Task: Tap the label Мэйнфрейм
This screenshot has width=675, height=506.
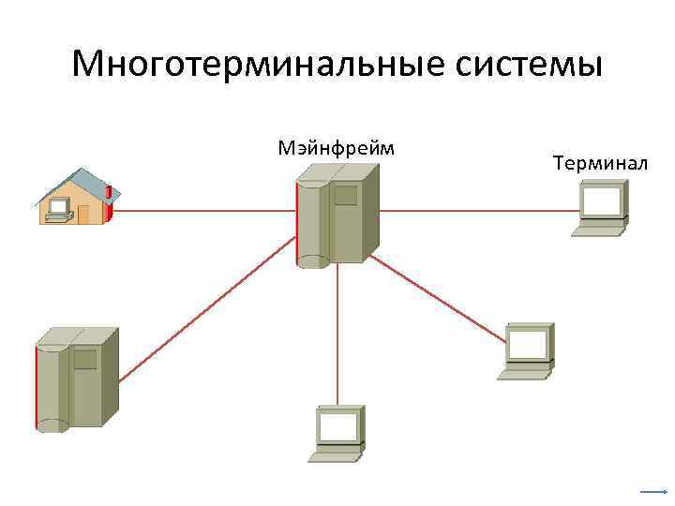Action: pyautogui.click(x=337, y=147)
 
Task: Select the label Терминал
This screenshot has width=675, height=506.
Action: pyautogui.click(x=600, y=164)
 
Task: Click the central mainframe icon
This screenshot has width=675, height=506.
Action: pyautogui.click(x=337, y=215)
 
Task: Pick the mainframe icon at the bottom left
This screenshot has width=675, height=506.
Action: pyautogui.click(x=76, y=379)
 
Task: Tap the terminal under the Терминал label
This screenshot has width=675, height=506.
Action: pyautogui.click(x=601, y=208)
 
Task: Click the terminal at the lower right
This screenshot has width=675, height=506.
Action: pyautogui.click(x=526, y=350)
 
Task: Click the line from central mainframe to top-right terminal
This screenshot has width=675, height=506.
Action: pyautogui.click(x=478, y=211)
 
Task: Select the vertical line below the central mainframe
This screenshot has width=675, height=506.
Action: pyautogui.click(x=337, y=337)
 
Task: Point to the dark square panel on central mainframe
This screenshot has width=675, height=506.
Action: pyautogui.click(x=346, y=196)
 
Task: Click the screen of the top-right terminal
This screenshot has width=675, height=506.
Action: pyautogui.click(x=602, y=200)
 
